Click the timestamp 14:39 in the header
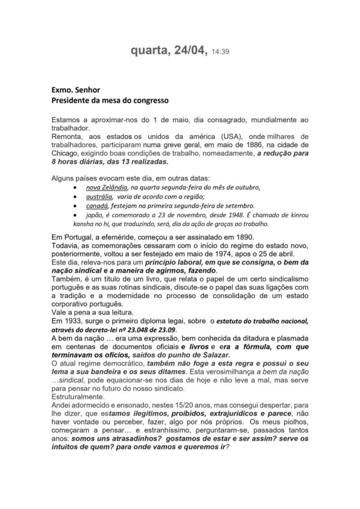point(220,51)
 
